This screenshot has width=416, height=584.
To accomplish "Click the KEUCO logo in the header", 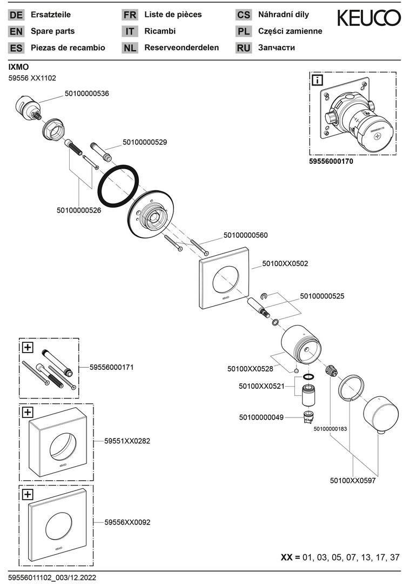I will click(x=369, y=18).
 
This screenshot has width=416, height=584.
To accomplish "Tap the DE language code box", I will click(x=16, y=15).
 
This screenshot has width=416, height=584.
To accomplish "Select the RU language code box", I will click(x=243, y=48).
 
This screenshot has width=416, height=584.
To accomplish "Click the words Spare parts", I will click(x=53, y=31).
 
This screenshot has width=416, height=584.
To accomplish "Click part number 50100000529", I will click(x=145, y=143).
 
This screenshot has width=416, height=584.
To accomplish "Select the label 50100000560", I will click(x=246, y=235).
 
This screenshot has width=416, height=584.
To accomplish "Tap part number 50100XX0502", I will click(x=285, y=263).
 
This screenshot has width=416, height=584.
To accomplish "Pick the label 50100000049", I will click(x=261, y=417).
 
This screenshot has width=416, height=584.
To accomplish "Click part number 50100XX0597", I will click(x=352, y=480).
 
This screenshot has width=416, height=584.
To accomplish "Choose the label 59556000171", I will click(x=111, y=367).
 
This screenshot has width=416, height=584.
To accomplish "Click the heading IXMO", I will click(x=19, y=67).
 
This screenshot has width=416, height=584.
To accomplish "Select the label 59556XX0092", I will click(x=128, y=522).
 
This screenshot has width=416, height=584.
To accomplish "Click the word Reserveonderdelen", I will click(x=182, y=48).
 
